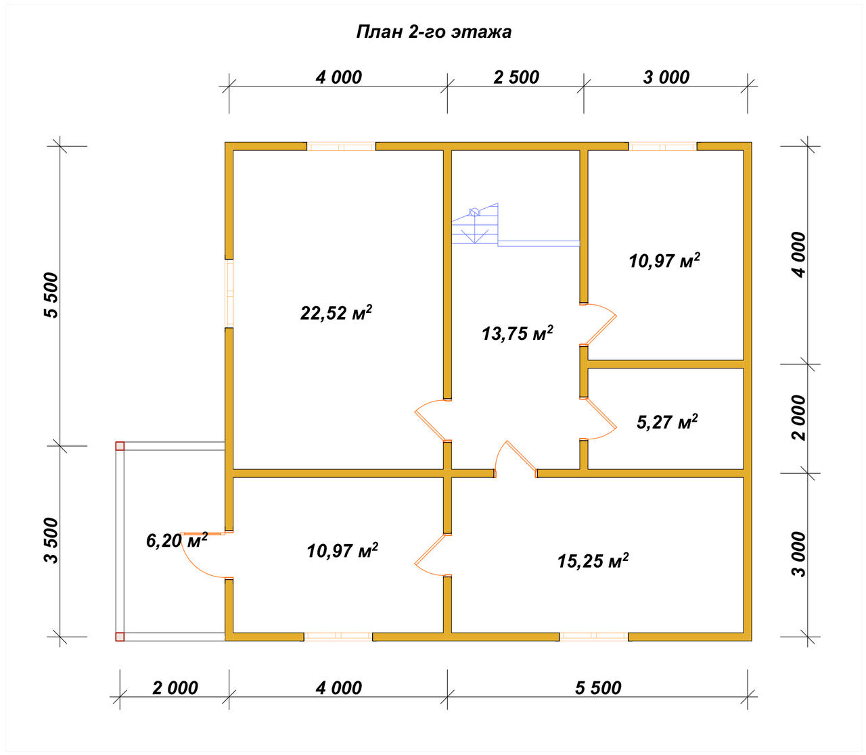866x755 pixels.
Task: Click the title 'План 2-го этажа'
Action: point(434,32)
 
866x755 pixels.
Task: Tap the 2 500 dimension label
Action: point(516,77)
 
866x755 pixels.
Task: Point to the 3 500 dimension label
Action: point(51,540)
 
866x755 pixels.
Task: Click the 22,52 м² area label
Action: point(336,313)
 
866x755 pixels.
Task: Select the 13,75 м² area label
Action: point(517,333)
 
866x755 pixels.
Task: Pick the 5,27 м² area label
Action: point(667,422)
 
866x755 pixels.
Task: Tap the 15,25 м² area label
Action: point(593,560)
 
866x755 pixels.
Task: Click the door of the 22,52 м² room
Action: point(431,420)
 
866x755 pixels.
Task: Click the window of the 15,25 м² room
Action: point(593,636)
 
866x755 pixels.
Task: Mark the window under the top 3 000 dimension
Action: point(662,147)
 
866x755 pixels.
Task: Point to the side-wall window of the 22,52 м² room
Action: point(229,293)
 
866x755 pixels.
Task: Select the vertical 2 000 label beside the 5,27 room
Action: point(799,418)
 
